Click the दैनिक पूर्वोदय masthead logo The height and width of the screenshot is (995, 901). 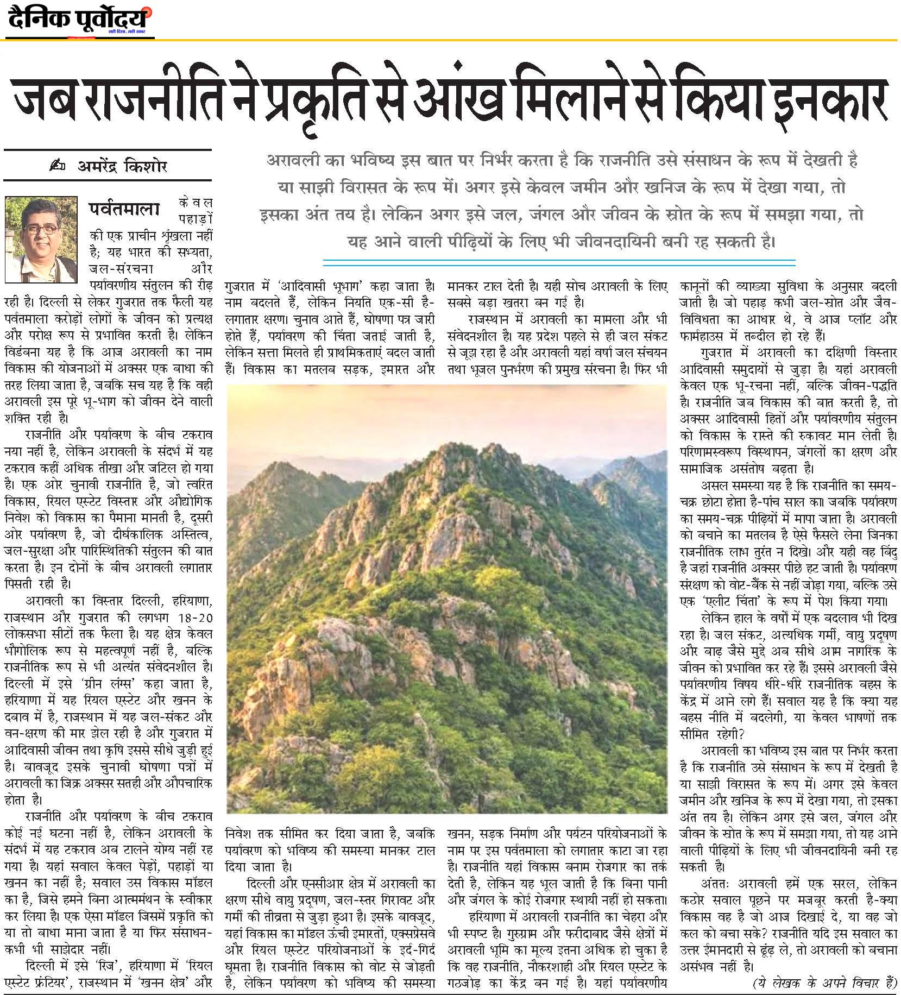pyautogui.click(x=79, y=20)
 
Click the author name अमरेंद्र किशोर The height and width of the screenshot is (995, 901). pyautogui.click(x=123, y=167)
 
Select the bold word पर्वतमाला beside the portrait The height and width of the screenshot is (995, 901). pyautogui.click(x=125, y=210)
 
